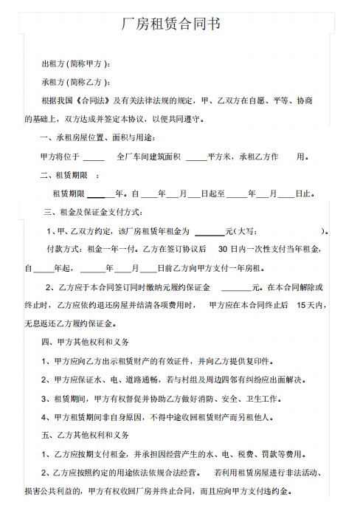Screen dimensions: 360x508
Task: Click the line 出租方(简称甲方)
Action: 76,64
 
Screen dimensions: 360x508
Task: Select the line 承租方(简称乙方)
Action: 76,82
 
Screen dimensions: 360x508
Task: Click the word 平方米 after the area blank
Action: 219,157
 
